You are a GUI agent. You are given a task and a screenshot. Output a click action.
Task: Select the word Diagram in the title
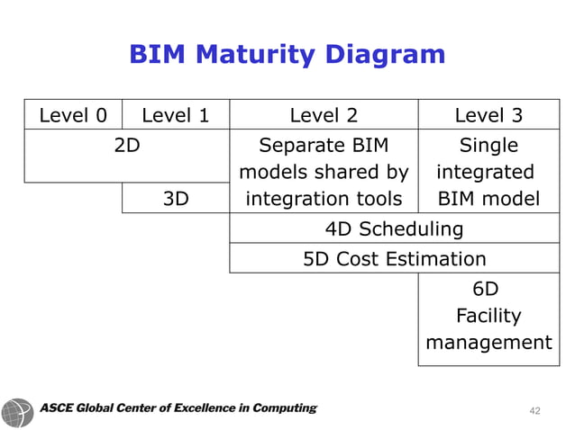pos(388,55)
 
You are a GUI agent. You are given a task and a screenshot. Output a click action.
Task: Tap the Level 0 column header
pos(72,115)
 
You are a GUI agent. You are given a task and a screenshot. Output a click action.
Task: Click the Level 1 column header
pos(176,115)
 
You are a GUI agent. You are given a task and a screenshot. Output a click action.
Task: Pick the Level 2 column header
pos(324,115)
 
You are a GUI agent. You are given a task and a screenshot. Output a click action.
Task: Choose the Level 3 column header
pos(488,115)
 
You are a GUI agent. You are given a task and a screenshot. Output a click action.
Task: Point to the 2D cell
pos(127,145)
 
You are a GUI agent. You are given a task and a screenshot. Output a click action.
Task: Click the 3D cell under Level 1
pos(176,199)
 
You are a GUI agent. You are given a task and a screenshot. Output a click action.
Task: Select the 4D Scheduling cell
pos(398,228)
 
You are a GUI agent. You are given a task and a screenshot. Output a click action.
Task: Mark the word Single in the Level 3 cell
pos(488,145)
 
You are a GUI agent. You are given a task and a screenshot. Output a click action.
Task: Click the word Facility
pos(488,316)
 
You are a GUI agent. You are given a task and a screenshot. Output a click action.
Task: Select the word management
pos(488,343)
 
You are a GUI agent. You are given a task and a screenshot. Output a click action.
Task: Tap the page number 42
pos(534,410)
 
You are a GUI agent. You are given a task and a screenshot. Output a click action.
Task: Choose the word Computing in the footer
pos(283,408)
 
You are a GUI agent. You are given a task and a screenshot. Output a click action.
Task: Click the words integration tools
pos(324,199)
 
